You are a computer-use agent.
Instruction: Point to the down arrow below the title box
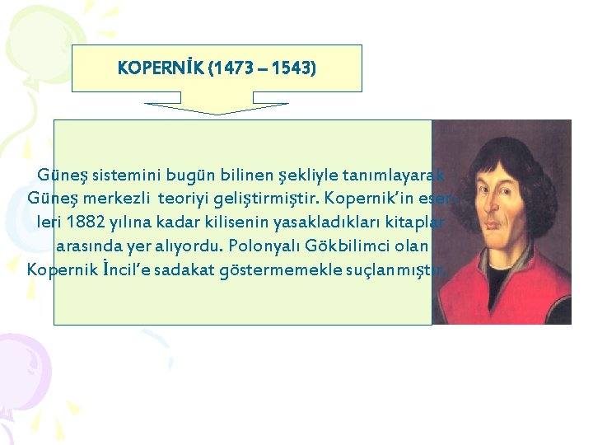pyautogui.click(x=217, y=109)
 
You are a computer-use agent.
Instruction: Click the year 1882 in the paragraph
pyautogui.click(x=88, y=222)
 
